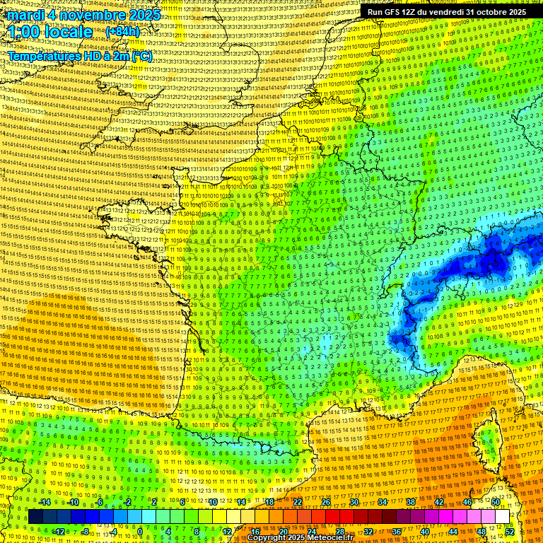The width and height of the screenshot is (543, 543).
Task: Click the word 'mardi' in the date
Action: click(23, 15)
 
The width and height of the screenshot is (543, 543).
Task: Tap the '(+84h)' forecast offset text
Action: click(122, 32)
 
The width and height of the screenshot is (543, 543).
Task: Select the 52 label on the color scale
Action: click(510, 531)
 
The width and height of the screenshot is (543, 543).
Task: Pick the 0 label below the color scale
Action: click(139, 531)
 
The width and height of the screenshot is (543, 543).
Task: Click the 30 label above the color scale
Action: click(354, 502)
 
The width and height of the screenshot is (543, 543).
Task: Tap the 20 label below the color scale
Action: click(283, 531)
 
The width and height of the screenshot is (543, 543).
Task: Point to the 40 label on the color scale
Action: click(425, 531)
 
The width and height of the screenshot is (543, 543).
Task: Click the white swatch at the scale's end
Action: click(502, 517)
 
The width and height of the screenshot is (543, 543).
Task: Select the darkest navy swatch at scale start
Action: click(35, 517)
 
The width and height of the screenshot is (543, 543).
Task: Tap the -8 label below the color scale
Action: click(85, 531)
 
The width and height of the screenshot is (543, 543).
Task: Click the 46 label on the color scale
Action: click(467, 502)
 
